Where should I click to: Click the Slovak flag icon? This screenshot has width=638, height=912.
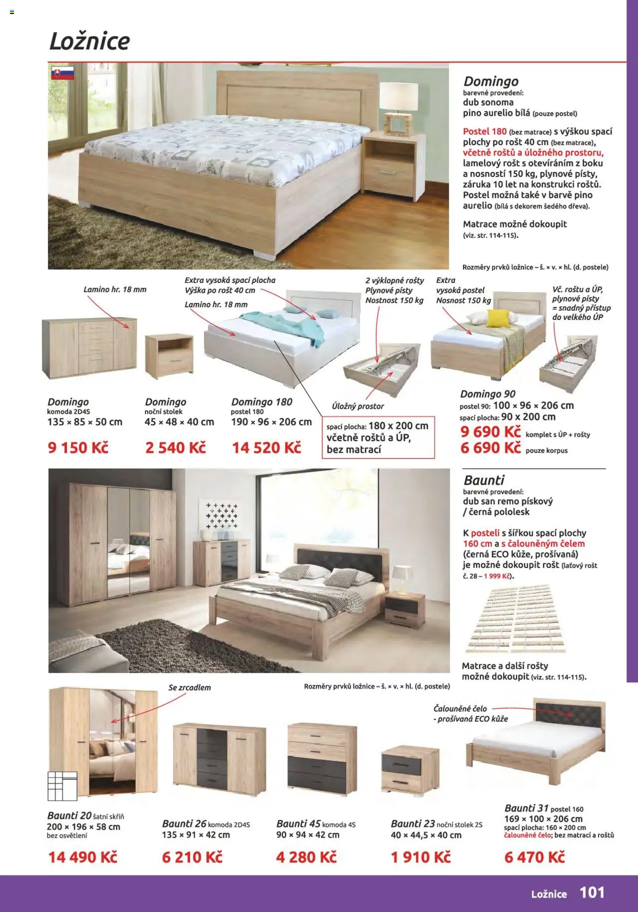click(62, 73)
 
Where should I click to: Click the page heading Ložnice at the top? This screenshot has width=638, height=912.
click(90, 41)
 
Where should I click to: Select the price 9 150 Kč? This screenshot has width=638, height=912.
click(78, 448)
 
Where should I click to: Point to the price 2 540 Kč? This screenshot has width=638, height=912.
click(175, 448)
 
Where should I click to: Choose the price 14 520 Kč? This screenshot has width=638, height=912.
click(267, 448)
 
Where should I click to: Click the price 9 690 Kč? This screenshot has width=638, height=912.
click(490, 432)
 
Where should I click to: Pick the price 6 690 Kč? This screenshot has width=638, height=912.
click(490, 448)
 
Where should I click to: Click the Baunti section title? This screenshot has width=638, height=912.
click(484, 480)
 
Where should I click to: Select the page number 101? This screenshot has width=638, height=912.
click(592, 893)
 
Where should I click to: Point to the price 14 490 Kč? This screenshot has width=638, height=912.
click(83, 857)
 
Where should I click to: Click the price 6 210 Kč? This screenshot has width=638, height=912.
click(192, 857)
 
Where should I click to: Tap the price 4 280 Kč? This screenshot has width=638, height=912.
click(306, 857)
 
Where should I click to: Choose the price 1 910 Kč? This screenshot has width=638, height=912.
click(421, 857)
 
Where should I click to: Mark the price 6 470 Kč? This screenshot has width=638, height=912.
click(535, 857)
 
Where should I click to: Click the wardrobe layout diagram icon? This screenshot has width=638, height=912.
click(62, 786)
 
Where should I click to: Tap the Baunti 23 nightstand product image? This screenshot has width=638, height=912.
click(410, 769)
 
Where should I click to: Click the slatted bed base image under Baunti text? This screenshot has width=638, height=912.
click(516, 621)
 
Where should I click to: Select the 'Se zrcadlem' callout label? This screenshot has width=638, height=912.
click(189, 688)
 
